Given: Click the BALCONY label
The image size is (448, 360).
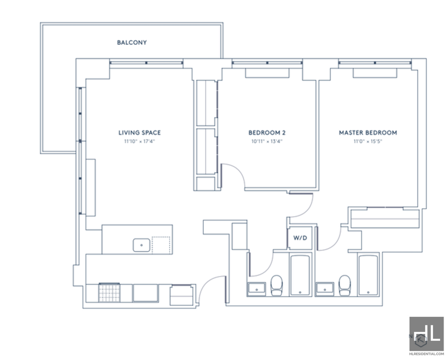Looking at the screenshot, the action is click(132, 43).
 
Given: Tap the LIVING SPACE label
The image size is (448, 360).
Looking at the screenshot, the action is click(139, 133).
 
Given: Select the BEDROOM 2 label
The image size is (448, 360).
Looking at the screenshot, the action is click(267, 133).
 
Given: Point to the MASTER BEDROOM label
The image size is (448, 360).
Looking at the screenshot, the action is click(368, 133).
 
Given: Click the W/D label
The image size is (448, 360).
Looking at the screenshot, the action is click(300, 238).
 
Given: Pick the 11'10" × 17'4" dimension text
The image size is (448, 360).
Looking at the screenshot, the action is click(139, 141).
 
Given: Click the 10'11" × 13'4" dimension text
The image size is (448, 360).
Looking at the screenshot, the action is click(267, 141).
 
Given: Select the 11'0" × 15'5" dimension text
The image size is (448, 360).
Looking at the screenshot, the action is click(368, 141).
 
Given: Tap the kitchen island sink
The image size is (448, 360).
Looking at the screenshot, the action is click(142, 245).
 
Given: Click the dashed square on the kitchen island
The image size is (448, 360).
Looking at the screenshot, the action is click(161, 245).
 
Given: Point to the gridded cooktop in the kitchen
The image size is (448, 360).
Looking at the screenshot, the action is click(109, 293).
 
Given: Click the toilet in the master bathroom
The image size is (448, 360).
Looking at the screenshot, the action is click(344, 285).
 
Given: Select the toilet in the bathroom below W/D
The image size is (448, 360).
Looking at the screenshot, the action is click(276, 285).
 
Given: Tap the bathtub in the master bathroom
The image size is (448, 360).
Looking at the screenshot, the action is click(368, 275).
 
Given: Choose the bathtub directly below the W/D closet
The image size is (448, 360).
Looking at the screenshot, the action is click(300, 275).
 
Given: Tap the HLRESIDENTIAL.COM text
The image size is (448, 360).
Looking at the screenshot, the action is click(427, 354).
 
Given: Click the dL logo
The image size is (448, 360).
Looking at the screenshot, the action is click(427, 333).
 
